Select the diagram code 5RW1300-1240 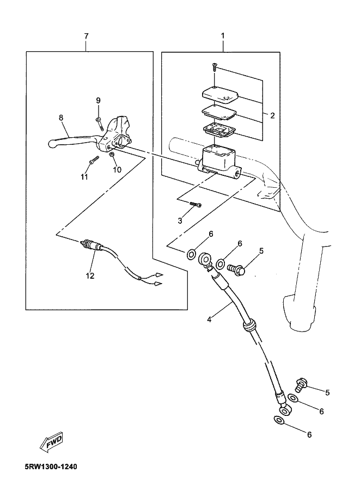(x=51, y=467)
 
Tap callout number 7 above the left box (x=86, y=35)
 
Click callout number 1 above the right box (x=223, y=35)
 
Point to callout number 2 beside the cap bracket (x=272, y=115)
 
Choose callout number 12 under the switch (x=90, y=276)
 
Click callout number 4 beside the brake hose (x=209, y=319)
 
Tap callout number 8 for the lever (x=61, y=118)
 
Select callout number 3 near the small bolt (x=180, y=221)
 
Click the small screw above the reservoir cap (x=215, y=68)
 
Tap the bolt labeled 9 (x=99, y=124)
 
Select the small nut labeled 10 (x=112, y=155)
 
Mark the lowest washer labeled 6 (x=279, y=420)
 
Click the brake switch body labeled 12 (x=92, y=246)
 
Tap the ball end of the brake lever (x=51, y=145)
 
